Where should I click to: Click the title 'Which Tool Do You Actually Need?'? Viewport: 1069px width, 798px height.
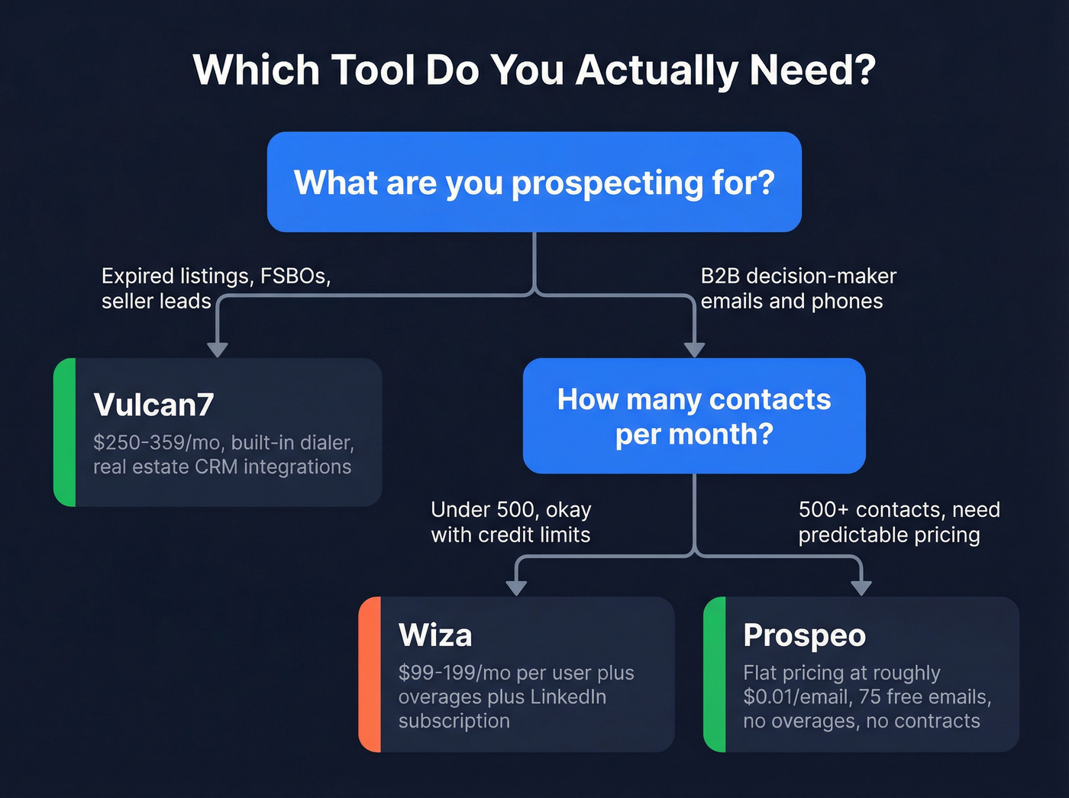click(534, 70)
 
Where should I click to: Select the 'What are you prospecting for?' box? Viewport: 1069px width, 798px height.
click(534, 183)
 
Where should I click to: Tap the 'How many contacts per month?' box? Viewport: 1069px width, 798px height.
click(693, 416)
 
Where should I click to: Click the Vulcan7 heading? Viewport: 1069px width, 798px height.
click(153, 405)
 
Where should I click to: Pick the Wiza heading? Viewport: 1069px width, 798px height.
click(435, 635)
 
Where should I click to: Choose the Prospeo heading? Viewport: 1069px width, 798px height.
click(804, 635)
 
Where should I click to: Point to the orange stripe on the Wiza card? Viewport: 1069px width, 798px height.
click(370, 674)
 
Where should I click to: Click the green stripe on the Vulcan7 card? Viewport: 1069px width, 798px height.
click(65, 432)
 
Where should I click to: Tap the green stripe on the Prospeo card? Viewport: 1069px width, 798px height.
click(715, 674)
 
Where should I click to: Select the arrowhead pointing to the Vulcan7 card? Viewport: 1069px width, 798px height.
click(218, 350)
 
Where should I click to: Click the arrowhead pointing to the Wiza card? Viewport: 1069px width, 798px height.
click(516, 587)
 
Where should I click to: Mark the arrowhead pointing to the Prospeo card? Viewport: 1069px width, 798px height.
click(861, 587)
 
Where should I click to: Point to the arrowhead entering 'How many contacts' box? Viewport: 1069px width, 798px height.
click(694, 350)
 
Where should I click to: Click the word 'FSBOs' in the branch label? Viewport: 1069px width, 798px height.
click(295, 276)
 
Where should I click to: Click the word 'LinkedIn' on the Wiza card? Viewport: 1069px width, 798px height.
click(568, 697)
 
